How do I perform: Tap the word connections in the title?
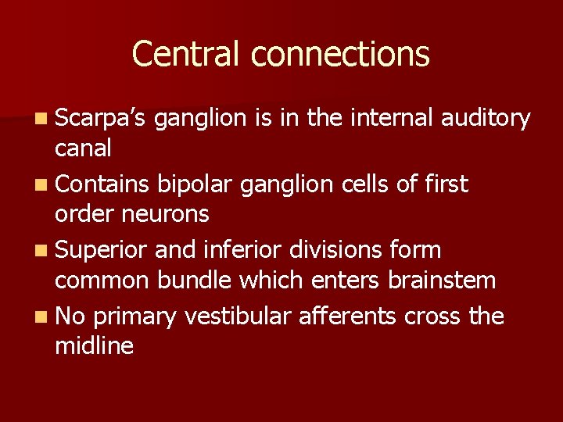click(340, 54)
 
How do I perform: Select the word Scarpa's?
click(102, 118)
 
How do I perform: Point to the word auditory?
click(486, 118)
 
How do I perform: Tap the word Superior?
click(102, 251)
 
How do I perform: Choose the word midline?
click(94, 345)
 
